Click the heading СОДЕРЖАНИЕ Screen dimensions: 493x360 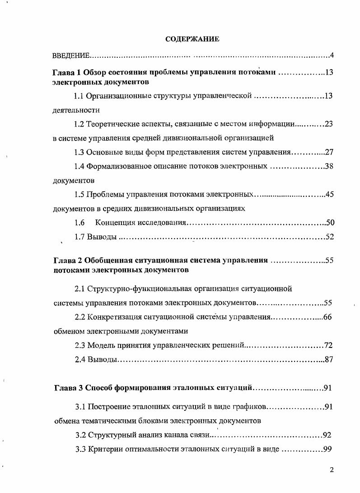tap(192, 39)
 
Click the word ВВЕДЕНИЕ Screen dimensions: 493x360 tap(71, 56)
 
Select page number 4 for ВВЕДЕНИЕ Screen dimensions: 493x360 tap(331, 56)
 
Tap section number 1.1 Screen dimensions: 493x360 tap(79, 96)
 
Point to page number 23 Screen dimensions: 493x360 tap(328, 124)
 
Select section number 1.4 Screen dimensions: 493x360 tap(79, 166)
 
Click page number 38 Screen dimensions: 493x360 tap(328, 166)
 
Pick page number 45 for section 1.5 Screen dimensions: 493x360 tap(328, 195)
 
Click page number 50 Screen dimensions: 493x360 tap(329, 223)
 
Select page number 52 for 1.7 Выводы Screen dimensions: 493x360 tap(329, 237)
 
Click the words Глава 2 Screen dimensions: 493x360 tap(67, 261)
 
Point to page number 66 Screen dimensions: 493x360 tap(327, 317)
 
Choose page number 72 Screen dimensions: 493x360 tap(328, 346)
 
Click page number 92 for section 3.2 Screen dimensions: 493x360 tap(327, 436)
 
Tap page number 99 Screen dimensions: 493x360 tap(328, 450)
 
